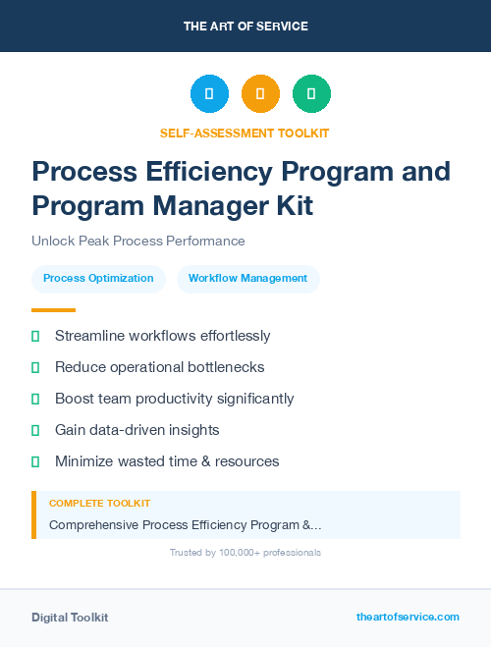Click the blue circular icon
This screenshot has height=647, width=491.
209,94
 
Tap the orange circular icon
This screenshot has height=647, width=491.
260,94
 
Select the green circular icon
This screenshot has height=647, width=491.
311,94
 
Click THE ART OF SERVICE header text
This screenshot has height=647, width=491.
245,27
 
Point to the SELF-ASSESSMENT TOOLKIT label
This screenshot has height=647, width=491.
245,133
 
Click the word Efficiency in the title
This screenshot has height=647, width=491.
209,172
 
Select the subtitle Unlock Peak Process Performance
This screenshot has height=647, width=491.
138,241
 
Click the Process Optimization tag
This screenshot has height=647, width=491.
98,279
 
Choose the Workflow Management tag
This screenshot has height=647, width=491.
247,279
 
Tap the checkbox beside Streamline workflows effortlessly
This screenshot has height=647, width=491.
35,336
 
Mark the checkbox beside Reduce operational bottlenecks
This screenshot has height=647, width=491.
35,367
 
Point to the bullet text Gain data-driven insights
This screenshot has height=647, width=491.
136,430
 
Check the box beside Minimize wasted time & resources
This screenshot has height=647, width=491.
35,461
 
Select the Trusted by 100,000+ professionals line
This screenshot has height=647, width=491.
245,553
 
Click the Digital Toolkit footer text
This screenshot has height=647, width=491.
70,618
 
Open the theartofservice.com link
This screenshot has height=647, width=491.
408,617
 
